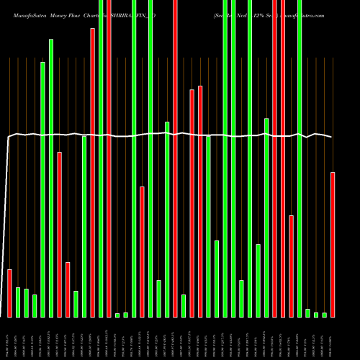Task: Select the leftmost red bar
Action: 9,293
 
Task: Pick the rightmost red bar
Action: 333,245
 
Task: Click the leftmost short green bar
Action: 18,302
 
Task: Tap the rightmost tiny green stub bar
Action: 324,315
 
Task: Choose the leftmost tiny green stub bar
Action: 117,315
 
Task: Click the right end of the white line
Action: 332,137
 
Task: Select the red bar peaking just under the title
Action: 92,173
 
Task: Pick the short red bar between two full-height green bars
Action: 143,251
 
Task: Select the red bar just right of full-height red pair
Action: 291,266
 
